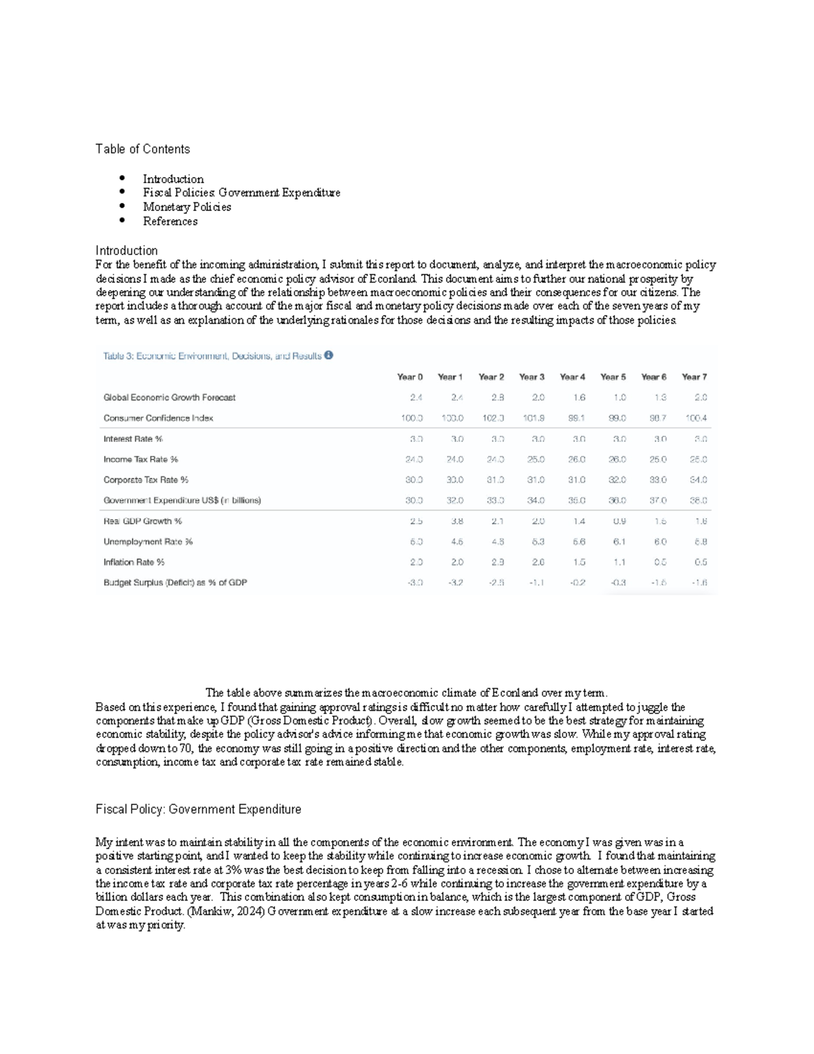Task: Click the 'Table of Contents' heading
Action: (142, 149)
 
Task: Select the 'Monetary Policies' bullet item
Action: (187, 207)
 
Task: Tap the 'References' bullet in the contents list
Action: (170, 221)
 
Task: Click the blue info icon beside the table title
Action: (328, 355)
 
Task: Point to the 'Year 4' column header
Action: (573, 377)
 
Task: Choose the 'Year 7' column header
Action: (694, 377)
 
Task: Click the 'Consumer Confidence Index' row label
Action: (158, 418)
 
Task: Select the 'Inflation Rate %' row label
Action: (134, 562)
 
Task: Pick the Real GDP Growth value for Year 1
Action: (457, 521)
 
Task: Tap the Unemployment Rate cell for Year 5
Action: (619, 542)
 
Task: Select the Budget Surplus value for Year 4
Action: (578, 582)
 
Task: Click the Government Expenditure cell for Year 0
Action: (414, 500)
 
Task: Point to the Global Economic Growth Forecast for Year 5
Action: (619, 398)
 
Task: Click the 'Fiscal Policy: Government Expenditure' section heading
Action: (198, 810)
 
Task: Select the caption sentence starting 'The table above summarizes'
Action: (406, 693)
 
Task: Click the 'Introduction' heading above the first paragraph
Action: (126, 250)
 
